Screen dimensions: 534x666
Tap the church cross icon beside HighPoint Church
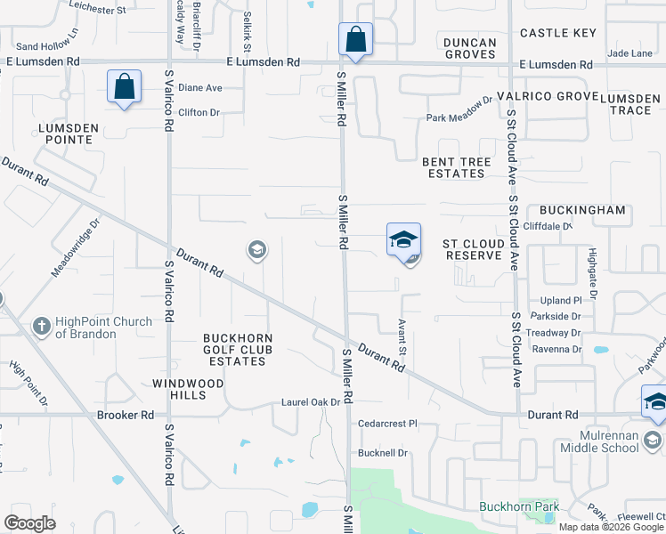[x=41, y=327]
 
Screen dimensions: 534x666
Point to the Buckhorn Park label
[x=519, y=507]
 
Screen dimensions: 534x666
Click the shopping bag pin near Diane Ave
[x=124, y=87]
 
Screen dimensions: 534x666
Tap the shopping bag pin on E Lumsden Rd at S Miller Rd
[x=354, y=40]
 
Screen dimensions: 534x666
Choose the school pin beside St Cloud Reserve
[x=403, y=240]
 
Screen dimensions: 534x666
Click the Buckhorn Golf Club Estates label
[x=237, y=350]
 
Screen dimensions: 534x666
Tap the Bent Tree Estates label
[x=455, y=168]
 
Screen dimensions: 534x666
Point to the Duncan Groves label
[x=469, y=48]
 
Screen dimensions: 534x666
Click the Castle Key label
[x=557, y=33]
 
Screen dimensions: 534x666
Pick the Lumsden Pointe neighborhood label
[x=66, y=134]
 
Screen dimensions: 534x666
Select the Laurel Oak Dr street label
[x=312, y=402]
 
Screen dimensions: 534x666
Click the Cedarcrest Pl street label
[x=387, y=424]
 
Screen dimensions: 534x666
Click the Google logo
[x=30, y=523]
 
